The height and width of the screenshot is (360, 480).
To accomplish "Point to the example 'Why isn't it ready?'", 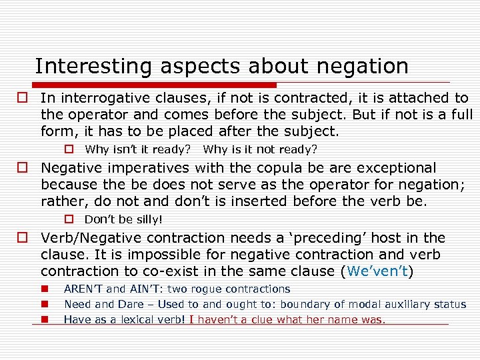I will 137,149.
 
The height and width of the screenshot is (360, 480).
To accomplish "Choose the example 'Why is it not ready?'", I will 260,149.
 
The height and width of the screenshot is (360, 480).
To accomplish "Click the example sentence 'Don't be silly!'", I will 123,219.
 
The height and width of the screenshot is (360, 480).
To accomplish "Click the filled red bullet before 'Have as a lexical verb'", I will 43,319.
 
